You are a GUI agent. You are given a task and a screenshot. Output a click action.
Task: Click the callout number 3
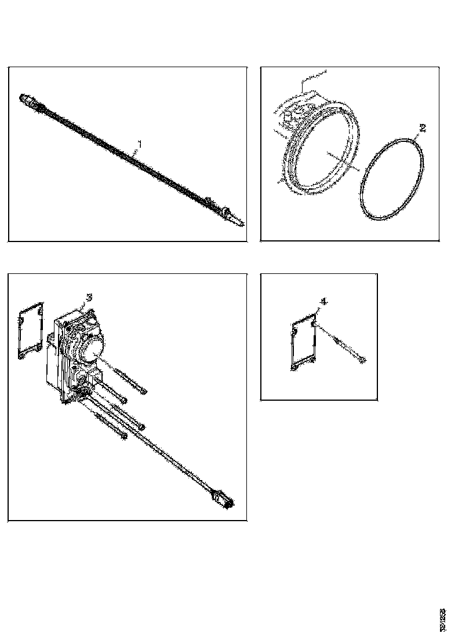88,297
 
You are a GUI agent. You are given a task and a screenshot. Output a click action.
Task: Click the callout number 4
323,301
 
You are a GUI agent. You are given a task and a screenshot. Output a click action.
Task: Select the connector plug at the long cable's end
224,499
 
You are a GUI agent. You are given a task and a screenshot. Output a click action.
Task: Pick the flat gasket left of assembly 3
30,328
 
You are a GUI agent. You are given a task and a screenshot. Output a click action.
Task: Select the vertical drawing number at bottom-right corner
442,618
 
